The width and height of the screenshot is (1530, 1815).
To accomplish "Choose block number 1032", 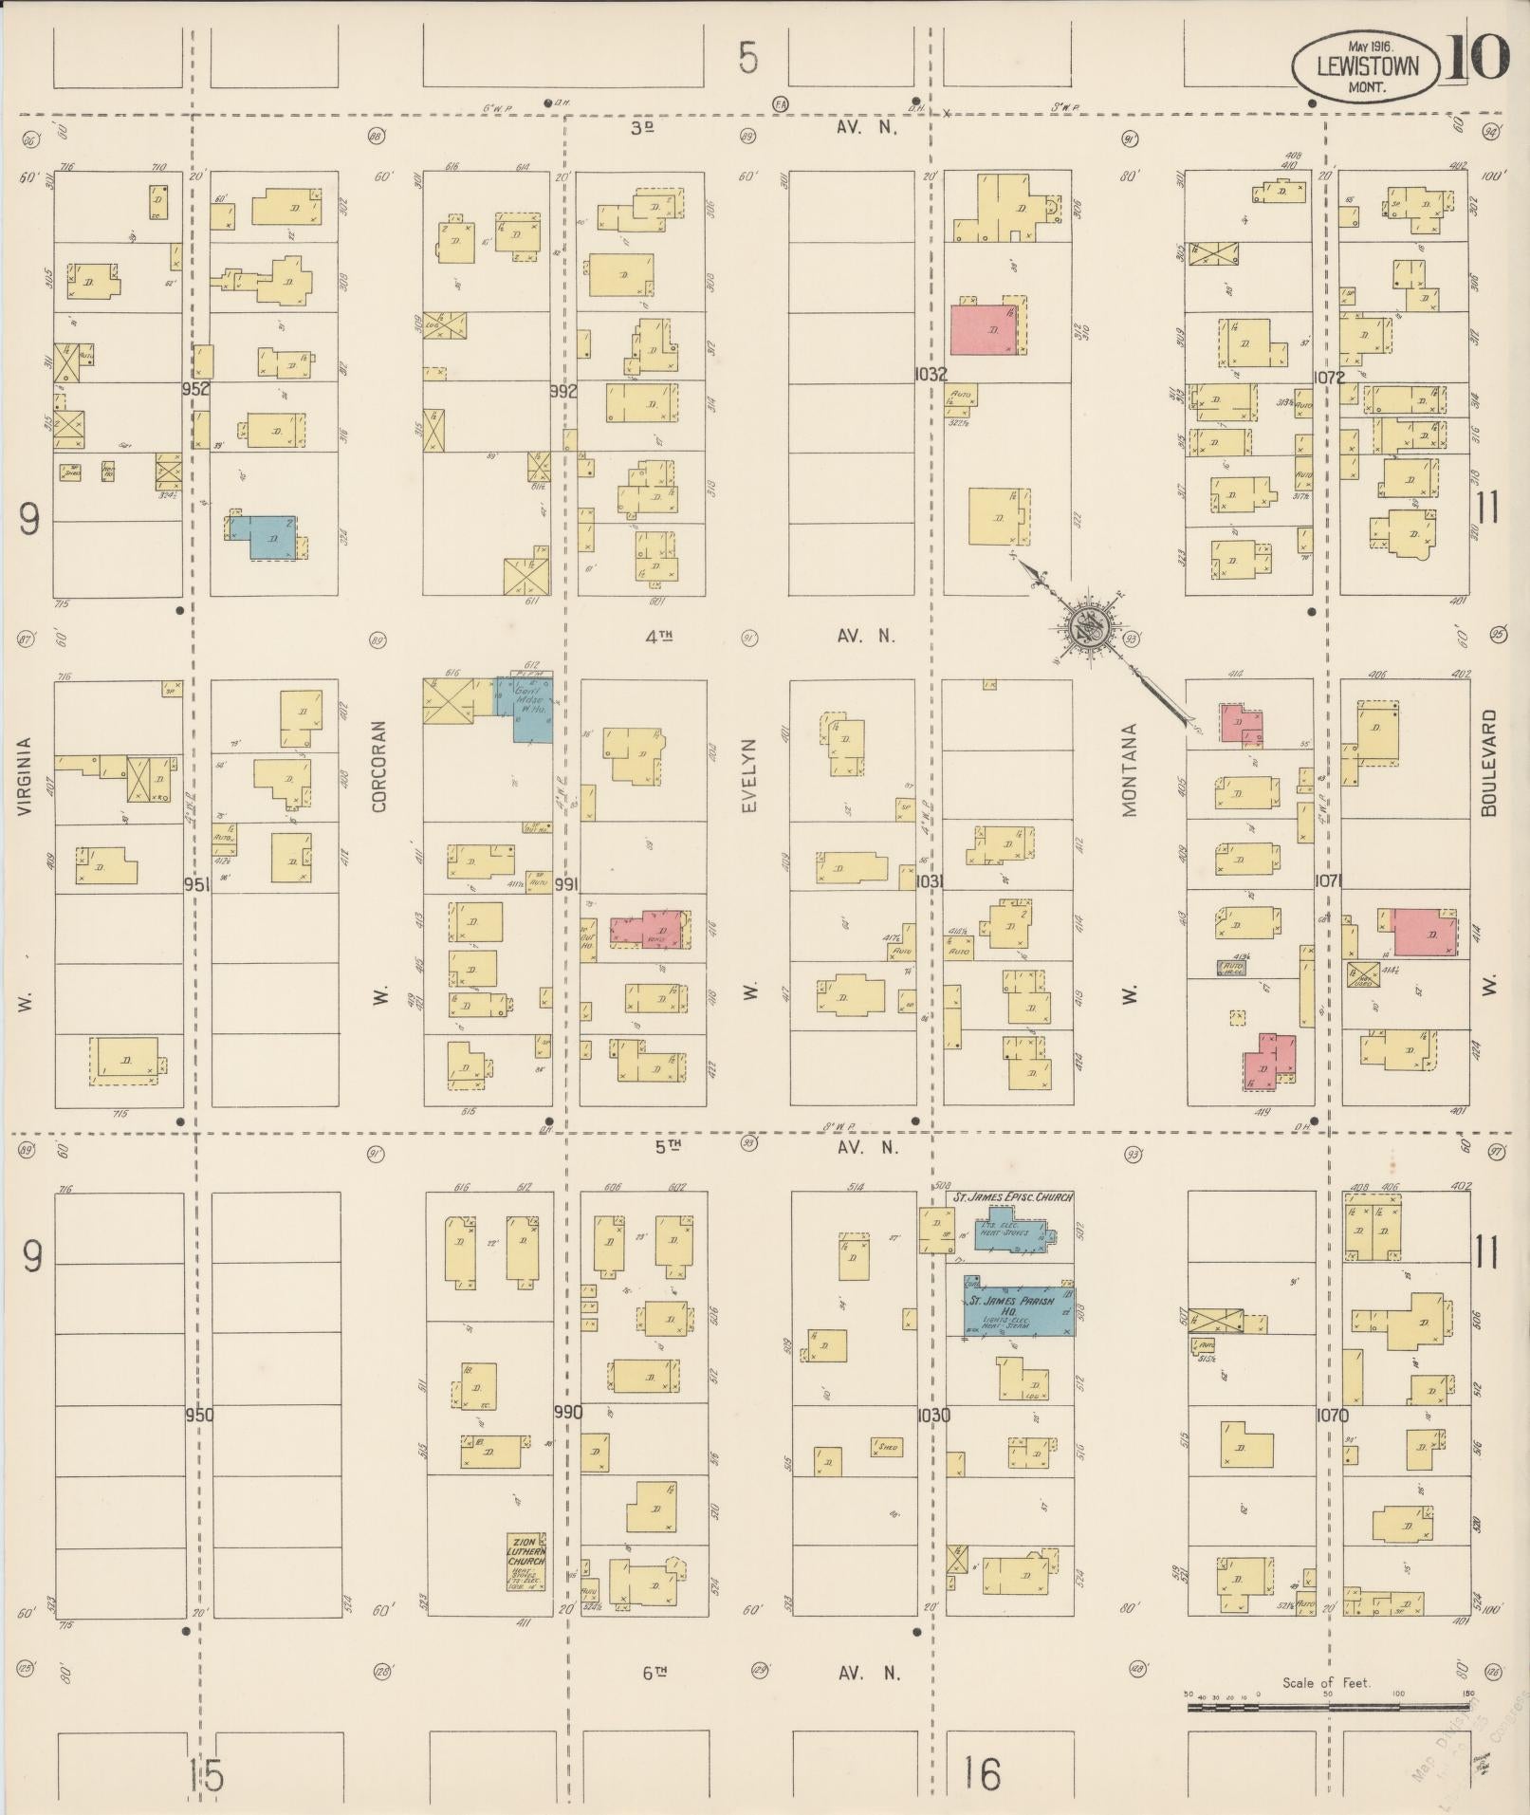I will click(x=931, y=375).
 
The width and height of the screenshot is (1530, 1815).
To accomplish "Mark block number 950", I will click(x=199, y=1415).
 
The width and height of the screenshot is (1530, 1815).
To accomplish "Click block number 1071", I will click(x=1330, y=881).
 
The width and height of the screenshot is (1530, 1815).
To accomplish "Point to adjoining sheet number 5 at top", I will click(x=748, y=59).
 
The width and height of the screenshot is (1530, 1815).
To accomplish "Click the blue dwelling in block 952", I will click(x=270, y=537).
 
